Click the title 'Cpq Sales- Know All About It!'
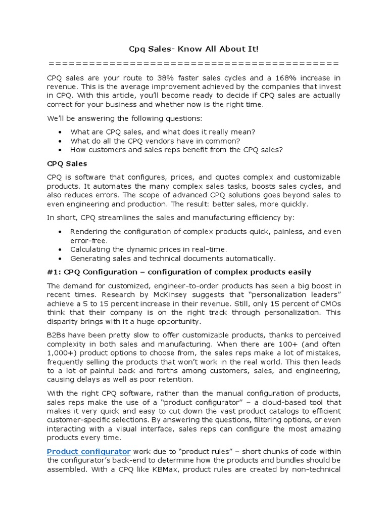pyautogui.click(x=193, y=49)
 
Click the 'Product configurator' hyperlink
pyautogui.click(x=89, y=451)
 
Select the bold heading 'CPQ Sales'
pyautogui.click(x=67, y=163)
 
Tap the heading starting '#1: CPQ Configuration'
pyautogui.click(x=179, y=272)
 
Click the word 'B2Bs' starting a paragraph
pyautogui.click(x=56, y=335)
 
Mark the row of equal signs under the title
pyautogui.click(x=193, y=63)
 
